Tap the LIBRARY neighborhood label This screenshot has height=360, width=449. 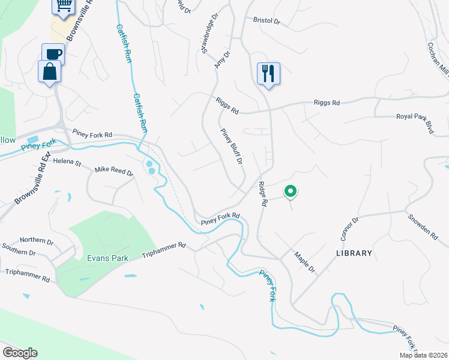pyautogui.click(x=354, y=253)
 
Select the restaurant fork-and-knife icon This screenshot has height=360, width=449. pyautogui.click(x=268, y=74)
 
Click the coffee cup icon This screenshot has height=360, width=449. pyautogui.click(x=53, y=53)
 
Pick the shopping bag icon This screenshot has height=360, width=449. pyautogui.click(x=49, y=71)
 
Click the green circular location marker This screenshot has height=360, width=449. pyautogui.click(x=290, y=191)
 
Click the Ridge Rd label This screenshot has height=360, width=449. pyautogui.click(x=262, y=194)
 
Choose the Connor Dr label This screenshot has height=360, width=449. pyautogui.click(x=349, y=229)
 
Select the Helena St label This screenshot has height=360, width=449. pyautogui.click(x=67, y=162)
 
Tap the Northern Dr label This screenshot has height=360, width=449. pyautogui.click(x=37, y=239)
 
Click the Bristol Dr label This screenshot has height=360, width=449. pyautogui.click(x=267, y=20)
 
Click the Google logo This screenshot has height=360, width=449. pyautogui.click(x=20, y=353)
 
